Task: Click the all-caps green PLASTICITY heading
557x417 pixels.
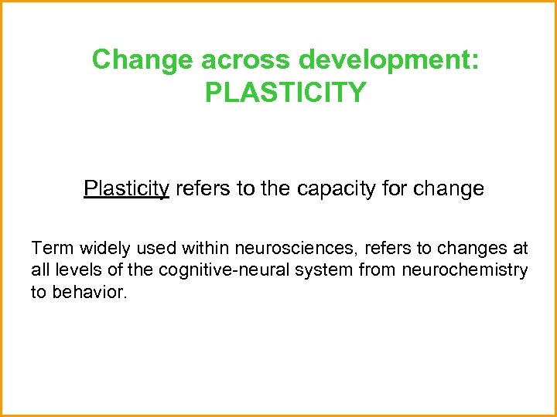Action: coord(285,93)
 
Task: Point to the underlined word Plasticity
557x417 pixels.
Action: coord(126,188)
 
